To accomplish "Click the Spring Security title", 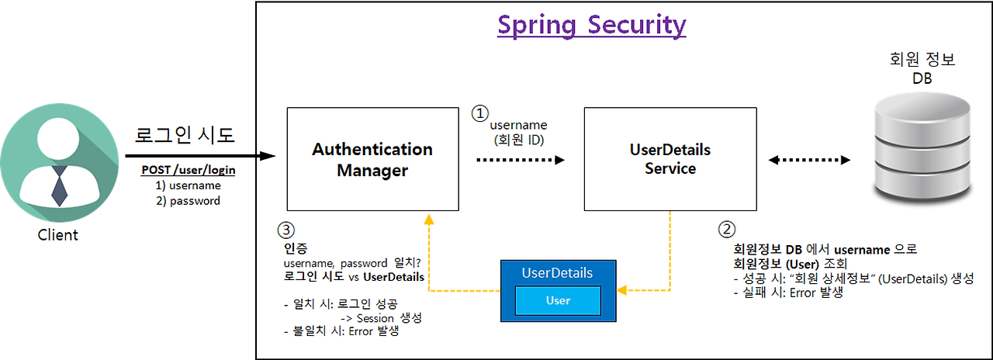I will (x=591, y=25).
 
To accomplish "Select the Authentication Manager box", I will (x=372, y=159).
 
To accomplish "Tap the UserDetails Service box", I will (x=669, y=159).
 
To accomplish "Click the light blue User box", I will (x=558, y=300).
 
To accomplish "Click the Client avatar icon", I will (x=59, y=164).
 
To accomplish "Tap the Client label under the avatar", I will (x=58, y=235).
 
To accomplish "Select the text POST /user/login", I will (x=189, y=170).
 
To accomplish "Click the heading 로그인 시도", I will (x=185, y=135).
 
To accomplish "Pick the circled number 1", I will (x=481, y=112).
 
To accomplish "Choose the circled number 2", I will (x=727, y=230).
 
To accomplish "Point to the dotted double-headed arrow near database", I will (x=809, y=160).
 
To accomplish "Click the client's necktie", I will (x=59, y=185).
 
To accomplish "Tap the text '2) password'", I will (x=189, y=201).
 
